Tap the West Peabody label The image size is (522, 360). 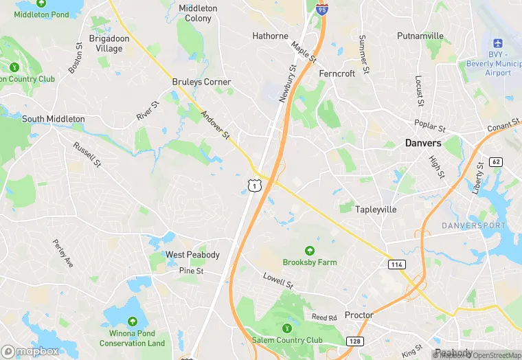point(192,255)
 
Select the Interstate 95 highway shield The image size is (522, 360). point(321,9)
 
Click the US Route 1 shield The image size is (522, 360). point(254,185)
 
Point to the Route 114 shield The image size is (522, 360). point(396,265)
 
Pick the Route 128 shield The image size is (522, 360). point(354,341)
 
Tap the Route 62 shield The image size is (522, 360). point(497,162)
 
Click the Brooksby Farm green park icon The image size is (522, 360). point(309,251)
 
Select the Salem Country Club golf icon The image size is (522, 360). point(287,328)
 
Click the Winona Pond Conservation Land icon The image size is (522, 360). point(132,322)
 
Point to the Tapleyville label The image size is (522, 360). point(376,209)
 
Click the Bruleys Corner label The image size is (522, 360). point(201,82)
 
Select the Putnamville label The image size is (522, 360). point(420,36)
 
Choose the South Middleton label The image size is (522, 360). point(54,119)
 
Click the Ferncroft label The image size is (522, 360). point(337,73)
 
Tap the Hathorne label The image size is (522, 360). point(270,36)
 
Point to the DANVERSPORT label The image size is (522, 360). point(473,225)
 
